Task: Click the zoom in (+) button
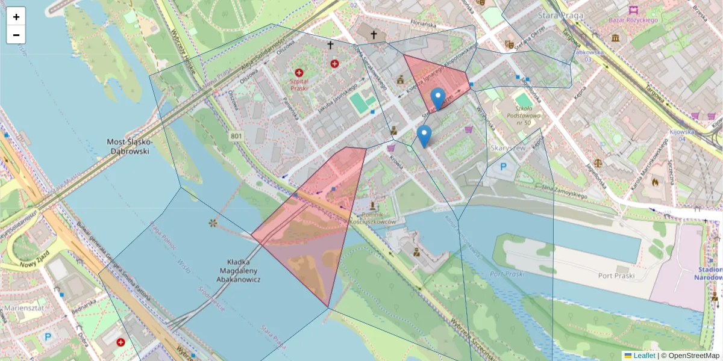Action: pyautogui.click(x=16, y=17)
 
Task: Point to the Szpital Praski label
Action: pyautogui.click(x=299, y=84)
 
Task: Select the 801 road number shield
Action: pyautogui.click(x=236, y=137)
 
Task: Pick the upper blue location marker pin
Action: pyautogui.click(x=438, y=97)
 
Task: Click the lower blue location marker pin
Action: pyautogui.click(x=424, y=135)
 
